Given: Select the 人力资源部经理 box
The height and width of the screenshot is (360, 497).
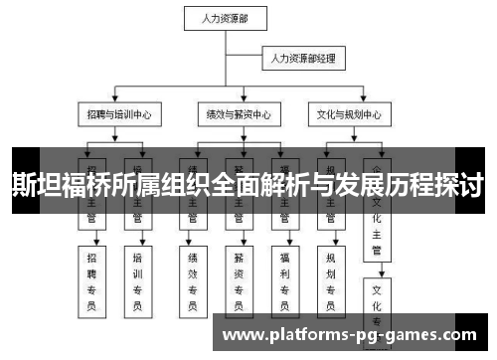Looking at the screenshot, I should (303, 59).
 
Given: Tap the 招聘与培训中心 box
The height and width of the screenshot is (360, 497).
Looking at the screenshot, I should (116, 114).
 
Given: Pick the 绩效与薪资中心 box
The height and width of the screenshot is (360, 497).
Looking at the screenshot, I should (236, 114).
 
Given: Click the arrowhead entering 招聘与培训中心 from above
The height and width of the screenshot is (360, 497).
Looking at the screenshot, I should (116, 101).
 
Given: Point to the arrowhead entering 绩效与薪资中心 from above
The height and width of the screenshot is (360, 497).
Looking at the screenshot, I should (236, 101).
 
